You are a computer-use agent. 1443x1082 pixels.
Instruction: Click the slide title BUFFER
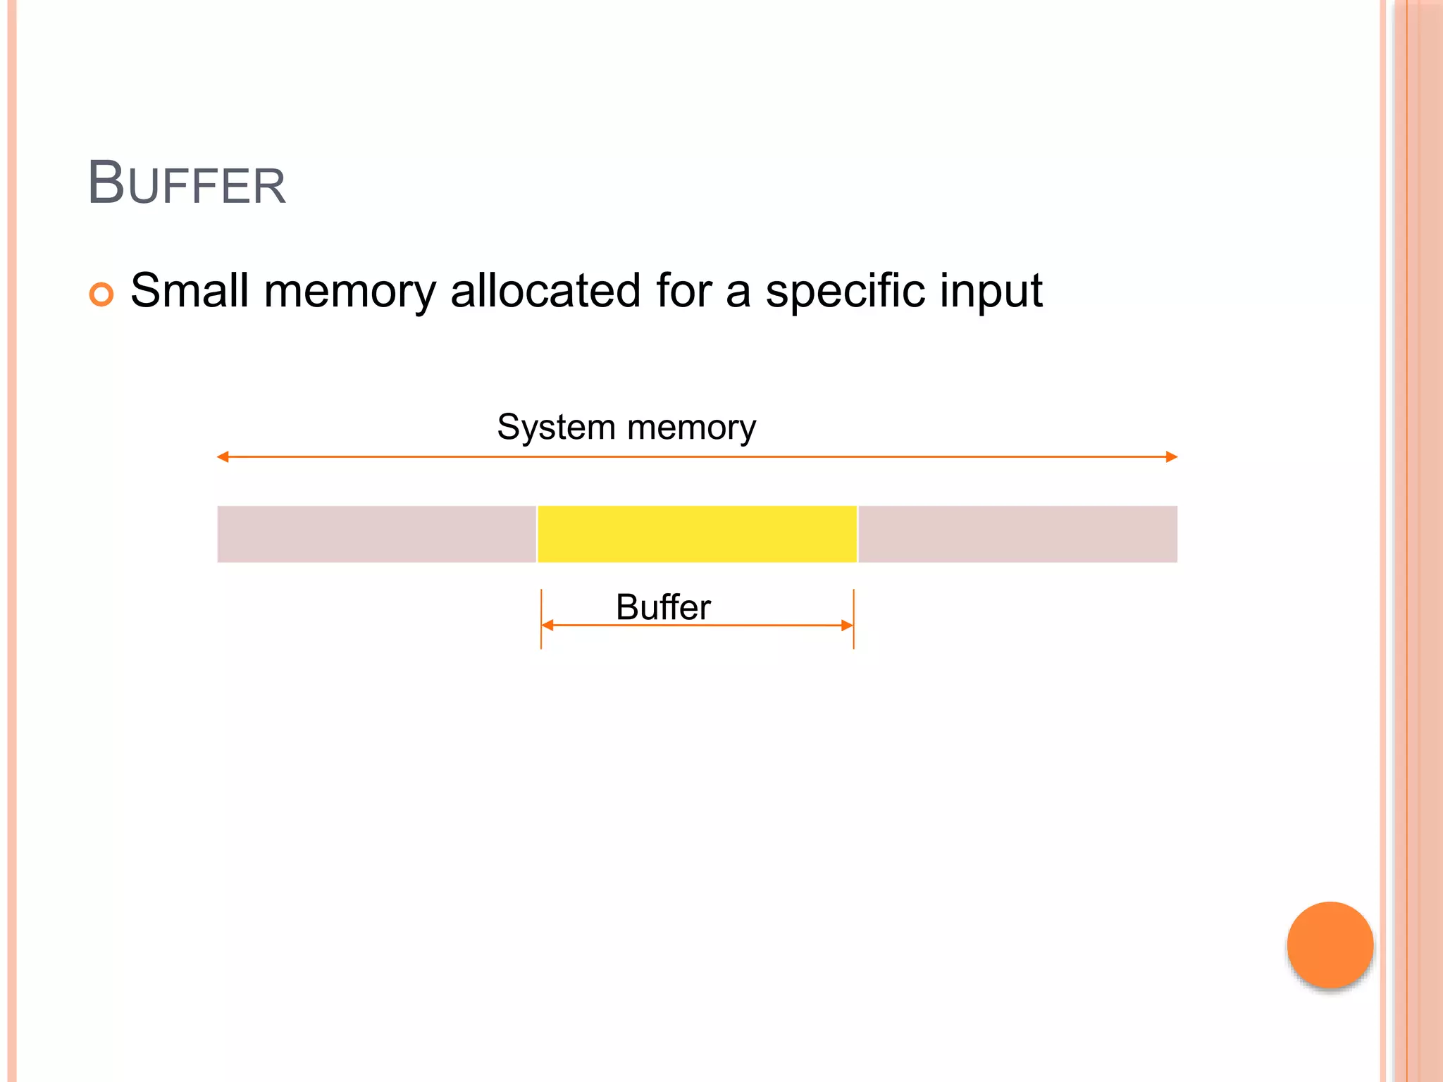[186, 183]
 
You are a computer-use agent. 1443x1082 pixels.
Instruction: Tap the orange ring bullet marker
[101, 294]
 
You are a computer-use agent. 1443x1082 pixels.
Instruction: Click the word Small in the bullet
[190, 290]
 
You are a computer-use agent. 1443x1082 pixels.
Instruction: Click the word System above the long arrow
[556, 428]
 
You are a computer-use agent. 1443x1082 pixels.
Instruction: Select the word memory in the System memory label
[691, 428]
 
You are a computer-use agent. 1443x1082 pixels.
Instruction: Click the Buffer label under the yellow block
[663, 607]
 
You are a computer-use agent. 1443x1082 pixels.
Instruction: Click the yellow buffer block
[697, 534]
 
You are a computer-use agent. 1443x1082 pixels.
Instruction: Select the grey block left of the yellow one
[376, 534]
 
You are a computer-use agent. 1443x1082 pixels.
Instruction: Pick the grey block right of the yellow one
[1017, 534]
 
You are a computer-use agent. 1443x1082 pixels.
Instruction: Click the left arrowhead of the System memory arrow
[223, 457]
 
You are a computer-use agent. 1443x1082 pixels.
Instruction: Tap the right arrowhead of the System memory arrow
[1172, 457]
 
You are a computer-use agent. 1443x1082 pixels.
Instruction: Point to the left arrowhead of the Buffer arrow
[547, 625]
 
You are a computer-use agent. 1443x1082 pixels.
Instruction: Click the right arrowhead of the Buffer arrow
[847, 625]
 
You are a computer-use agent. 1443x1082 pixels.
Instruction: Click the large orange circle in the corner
[1330, 945]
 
